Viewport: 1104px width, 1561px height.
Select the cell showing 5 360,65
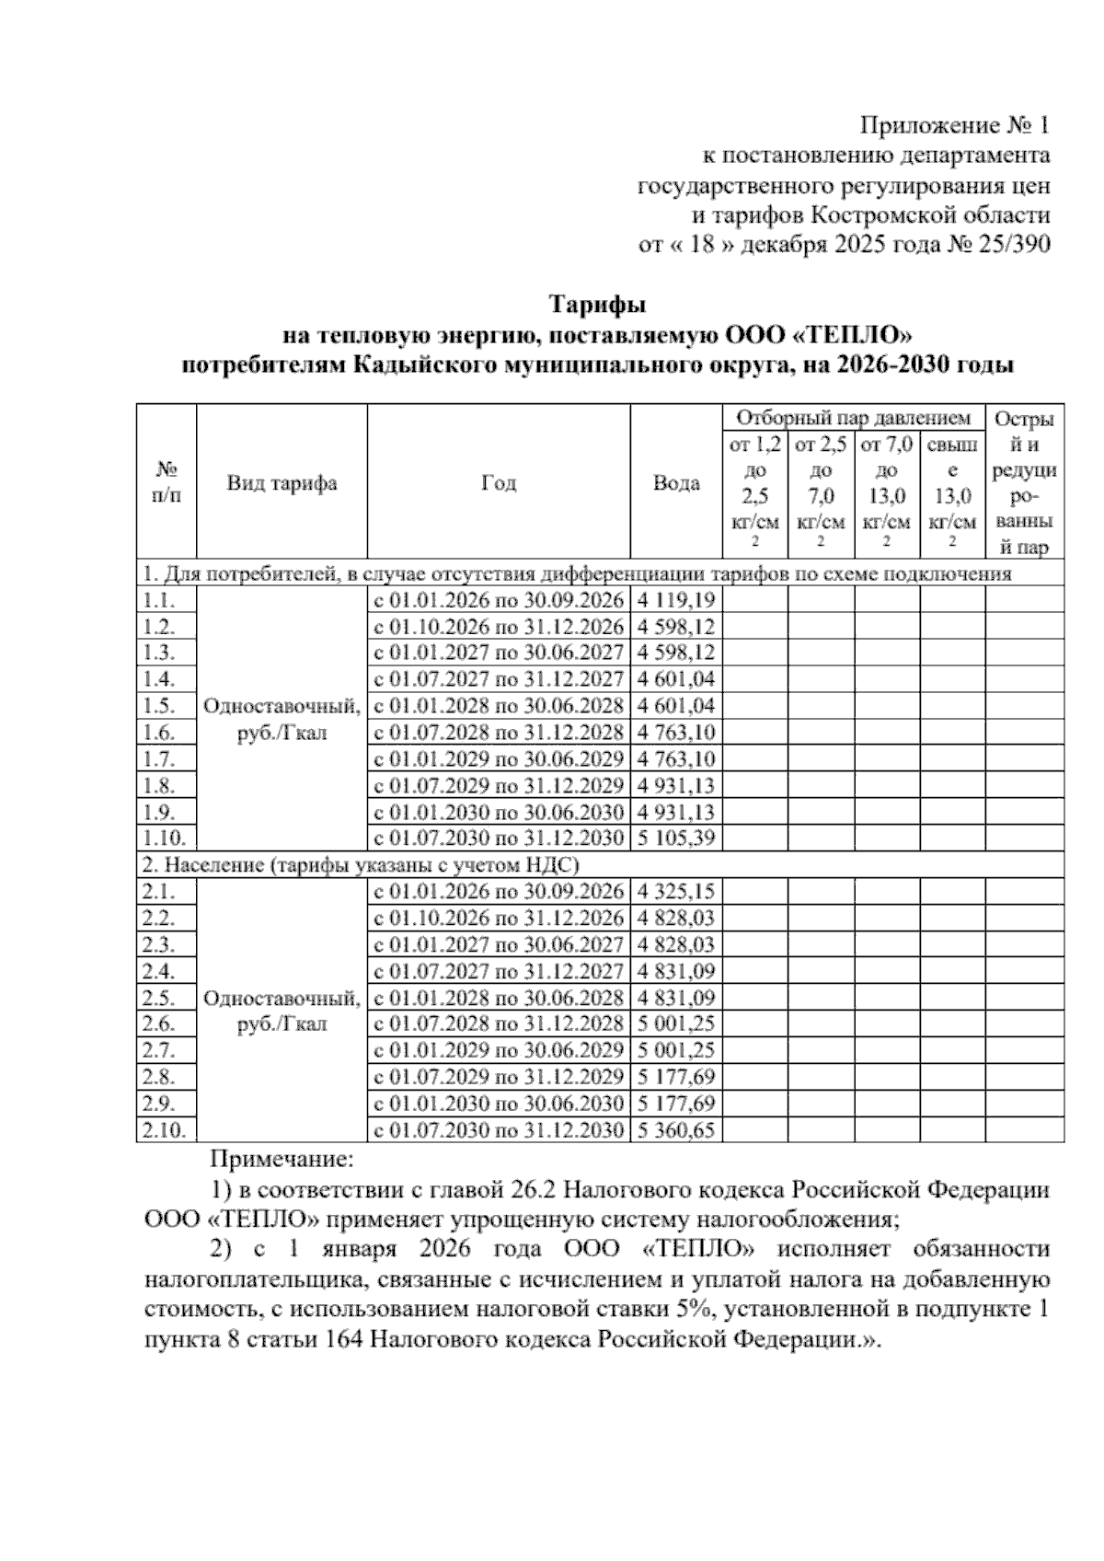coord(675,1130)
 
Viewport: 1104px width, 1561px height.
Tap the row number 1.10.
coord(166,838)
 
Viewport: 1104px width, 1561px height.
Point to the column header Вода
coord(675,483)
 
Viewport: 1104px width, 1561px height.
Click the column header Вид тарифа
coord(282,483)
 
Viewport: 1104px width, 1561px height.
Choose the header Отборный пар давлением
coord(853,419)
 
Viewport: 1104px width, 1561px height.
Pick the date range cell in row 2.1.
coord(498,892)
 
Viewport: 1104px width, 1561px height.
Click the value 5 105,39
coord(675,838)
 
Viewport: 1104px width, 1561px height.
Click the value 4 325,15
coord(675,892)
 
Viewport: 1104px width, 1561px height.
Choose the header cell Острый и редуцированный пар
coord(1024,483)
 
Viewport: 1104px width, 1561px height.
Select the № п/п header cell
coord(166,483)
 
